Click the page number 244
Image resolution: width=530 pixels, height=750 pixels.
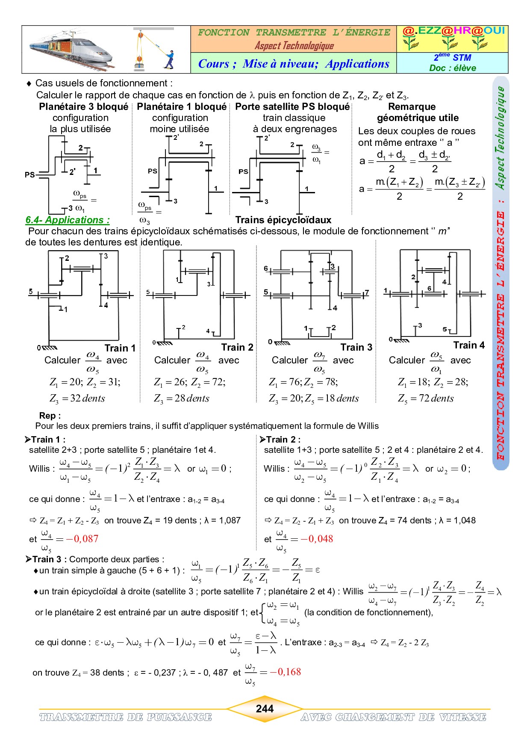click(265, 709)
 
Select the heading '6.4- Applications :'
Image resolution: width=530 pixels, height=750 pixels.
click(68, 220)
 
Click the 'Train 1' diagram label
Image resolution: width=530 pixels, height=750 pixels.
click(120, 348)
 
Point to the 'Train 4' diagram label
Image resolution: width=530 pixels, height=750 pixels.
click(469, 345)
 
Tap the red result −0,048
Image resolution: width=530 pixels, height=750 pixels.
click(317, 539)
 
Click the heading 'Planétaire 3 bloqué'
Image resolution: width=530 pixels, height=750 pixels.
click(84, 106)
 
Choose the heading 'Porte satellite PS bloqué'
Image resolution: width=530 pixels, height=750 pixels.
click(292, 106)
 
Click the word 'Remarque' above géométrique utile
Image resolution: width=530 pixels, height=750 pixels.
click(412, 106)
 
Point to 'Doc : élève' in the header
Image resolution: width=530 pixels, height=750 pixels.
click(452, 68)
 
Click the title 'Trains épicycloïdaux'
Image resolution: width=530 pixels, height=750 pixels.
click(283, 220)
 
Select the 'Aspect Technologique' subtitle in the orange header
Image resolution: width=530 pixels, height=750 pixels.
click(294, 46)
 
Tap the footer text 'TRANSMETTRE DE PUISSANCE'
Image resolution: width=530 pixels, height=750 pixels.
click(125, 717)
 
